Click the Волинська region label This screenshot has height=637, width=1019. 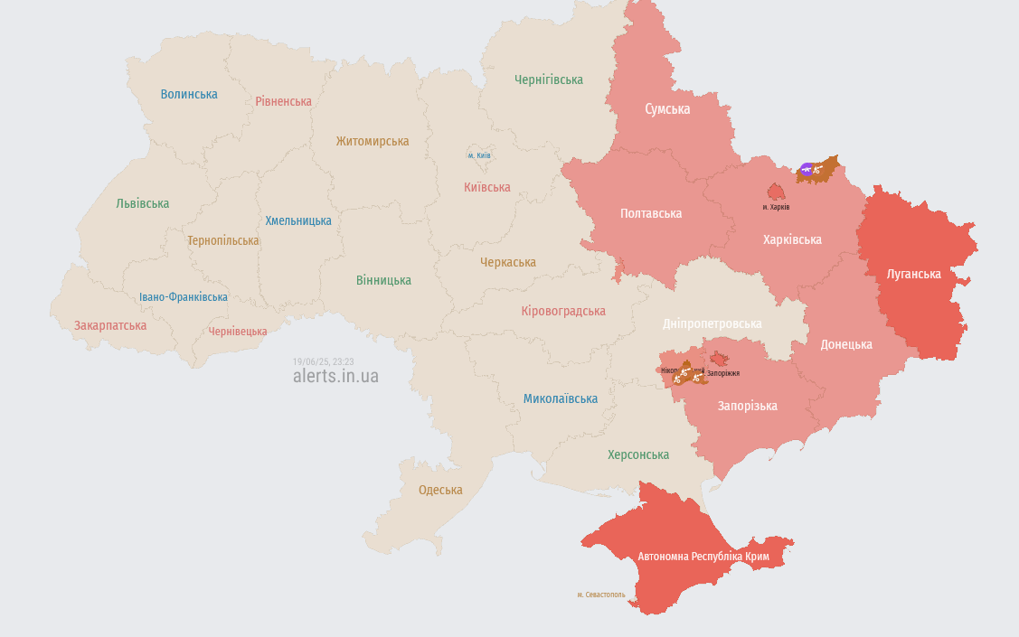coord(189,94)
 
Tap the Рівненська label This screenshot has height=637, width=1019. coord(283,101)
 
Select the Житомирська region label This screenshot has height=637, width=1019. coord(372,141)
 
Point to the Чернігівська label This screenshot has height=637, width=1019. coord(549,80)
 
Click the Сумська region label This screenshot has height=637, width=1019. coord(667,109)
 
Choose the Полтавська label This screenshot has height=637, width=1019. coord(651,213)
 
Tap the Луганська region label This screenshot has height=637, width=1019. coord(913,274)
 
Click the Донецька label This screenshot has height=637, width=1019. coord(846,344)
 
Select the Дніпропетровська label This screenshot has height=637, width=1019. coord(712,323)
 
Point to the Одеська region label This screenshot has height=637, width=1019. coord(440,490)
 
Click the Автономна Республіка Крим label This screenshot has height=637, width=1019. coord(703,557)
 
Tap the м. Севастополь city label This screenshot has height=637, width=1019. coord(601,595)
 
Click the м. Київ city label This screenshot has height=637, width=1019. coord(479,155)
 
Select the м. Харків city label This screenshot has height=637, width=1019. coord(776,207)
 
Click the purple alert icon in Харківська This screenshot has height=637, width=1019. coord(807,169)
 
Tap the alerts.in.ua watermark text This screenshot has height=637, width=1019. coord(335,376)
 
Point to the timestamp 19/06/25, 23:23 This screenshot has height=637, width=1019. coord(323,361)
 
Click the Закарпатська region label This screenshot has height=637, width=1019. coord(110,325)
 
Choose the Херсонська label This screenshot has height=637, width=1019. coord(638,454)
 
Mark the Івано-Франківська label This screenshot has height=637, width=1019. coord(184,296)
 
